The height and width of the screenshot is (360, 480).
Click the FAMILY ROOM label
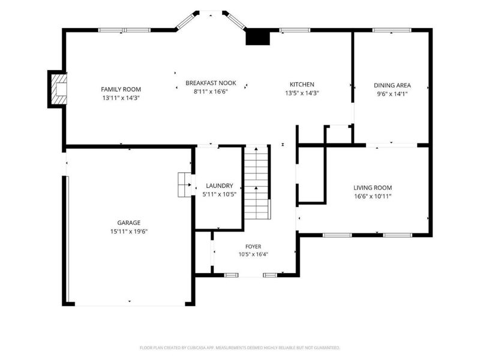pos(121,89)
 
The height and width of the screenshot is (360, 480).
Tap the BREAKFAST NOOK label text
pos(211,83)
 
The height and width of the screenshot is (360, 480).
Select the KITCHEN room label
pos(302,85)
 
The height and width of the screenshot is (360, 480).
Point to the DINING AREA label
pos(392,85)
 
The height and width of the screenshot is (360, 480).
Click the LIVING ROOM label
pos(373,188)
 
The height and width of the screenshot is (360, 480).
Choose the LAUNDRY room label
pos(220,185)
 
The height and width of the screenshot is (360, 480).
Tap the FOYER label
pos(253,247)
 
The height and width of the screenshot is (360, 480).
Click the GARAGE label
pos(129,223)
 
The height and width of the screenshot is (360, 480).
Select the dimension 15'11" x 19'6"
pos(129,232)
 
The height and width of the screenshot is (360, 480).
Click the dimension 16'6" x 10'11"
pos(373,196)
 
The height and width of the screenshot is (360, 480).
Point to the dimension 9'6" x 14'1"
pos(392,94)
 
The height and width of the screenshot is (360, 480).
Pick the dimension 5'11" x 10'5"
pos(220,194)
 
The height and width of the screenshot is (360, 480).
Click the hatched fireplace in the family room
pos(59,89)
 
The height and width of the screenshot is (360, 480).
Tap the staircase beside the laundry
pos(257,182)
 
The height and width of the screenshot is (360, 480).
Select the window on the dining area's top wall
pos(392,30)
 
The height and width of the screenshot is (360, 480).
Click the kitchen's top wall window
pos(295,30)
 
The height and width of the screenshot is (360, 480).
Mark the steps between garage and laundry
pos(185,185)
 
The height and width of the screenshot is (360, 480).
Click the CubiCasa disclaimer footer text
pos(239,348)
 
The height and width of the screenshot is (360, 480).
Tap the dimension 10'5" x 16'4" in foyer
pos(253,254)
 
